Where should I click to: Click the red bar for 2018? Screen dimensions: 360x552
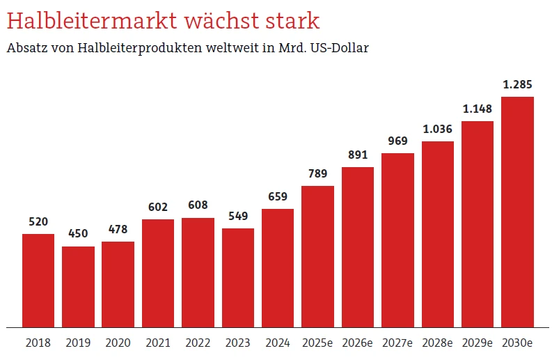pyautogui.click(x=38, y=280)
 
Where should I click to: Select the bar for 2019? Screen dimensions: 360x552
pyautogui.click(x=78, y=286)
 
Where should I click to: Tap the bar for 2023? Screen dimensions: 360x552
pyautogui.click(x=238, y=277)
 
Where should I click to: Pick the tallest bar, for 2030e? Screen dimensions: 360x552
pyautogui.click(x=517, y=212)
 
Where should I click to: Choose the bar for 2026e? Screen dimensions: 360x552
pyautogui.click(x=358, y=246)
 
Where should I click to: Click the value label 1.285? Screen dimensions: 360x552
pyautogui.click(x=517, y=85)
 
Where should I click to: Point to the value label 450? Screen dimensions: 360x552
pyautogui.click(x=78, y=234)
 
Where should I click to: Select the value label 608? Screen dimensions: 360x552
pyautogui.click(x=198, y=205)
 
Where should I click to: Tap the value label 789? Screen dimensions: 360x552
pyautogui.click(x=317, y=173)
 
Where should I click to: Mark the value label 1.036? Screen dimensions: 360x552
pyautogui.click(x=437, y=129)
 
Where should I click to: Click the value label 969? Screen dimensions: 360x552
pyautogui.click(x=397, y=141)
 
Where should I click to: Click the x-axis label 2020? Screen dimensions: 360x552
pyautogui.click(x=118, y=343)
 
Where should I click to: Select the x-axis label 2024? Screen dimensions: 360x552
pyautogui.click(x=278, y=343)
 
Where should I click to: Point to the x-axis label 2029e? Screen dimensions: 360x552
pyautogui.click(x=477, y=343)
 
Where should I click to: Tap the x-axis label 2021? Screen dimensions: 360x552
pyautogui.click(x=158, y=343)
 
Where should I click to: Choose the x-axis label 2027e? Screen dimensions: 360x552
pyautogui.click(x=397, y=343)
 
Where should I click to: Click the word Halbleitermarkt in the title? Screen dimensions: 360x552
pyautogui.click(x=92, y=21)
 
